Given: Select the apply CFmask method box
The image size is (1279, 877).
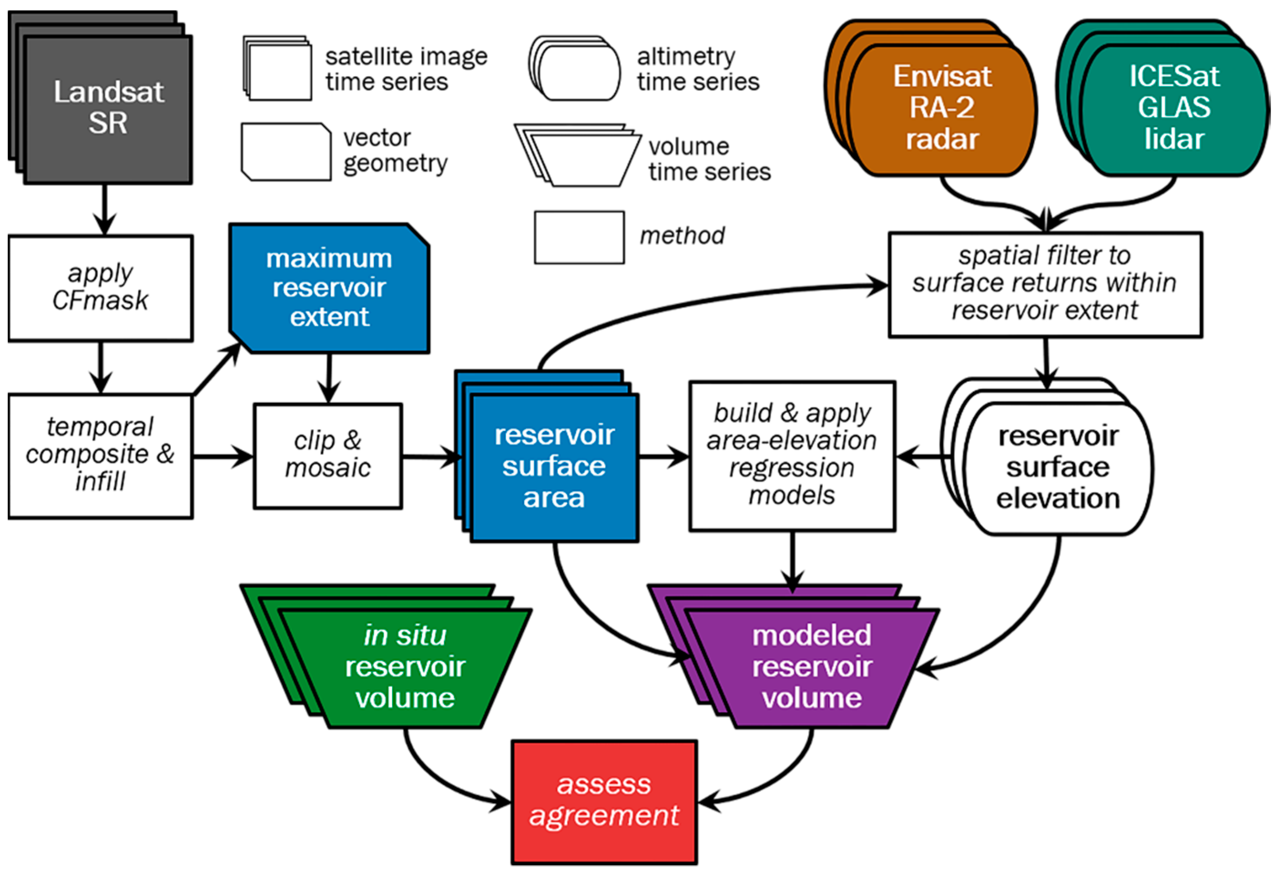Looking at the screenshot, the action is coord(100,288).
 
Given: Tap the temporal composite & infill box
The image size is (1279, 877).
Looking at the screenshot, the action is coord(100,456).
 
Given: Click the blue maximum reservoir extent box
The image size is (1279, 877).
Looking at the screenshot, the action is coord(329,288).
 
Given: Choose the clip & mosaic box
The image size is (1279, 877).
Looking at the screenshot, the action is coord(328,456).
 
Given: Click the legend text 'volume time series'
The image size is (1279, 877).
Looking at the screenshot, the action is coord(709,159).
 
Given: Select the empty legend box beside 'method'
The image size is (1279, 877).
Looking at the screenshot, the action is coord(579,237).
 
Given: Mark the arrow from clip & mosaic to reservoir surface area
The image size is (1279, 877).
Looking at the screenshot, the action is coord(432,457).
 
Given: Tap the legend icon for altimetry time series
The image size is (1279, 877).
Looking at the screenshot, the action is coord(575,68).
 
